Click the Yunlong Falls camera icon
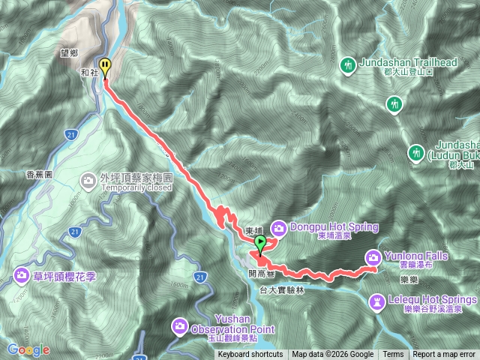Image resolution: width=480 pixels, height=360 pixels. coord(373,257)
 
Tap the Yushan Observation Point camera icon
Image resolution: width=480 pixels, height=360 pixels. coord(181,325)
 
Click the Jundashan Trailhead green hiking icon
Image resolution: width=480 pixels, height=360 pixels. coord(348,66)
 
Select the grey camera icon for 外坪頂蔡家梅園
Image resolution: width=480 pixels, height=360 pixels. coord(88,180)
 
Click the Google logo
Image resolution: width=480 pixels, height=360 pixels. coord(28,349)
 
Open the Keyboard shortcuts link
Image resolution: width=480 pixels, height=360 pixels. coord(250,355)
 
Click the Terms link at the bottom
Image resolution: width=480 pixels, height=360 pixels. coord(393,355)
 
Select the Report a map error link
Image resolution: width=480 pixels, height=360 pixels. coord(444,355)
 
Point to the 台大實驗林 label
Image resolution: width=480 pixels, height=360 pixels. coord(281,289)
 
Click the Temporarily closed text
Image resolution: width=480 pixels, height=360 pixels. coord(136,189)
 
